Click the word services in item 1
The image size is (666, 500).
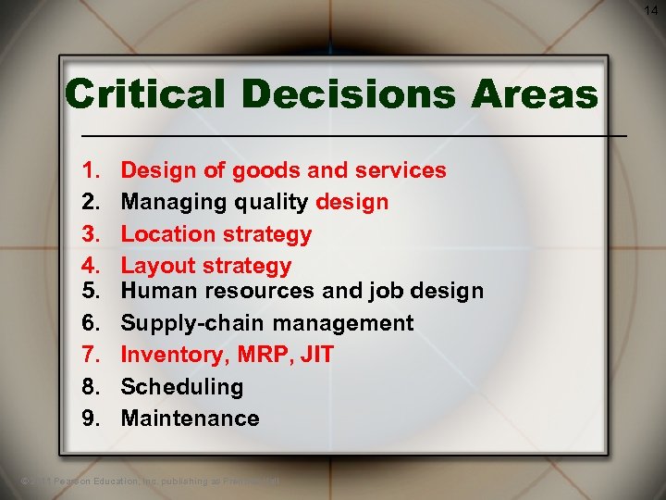[x=398, y=170]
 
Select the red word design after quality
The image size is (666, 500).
[x=352, y=202]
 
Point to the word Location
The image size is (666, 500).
[x=163, y=234]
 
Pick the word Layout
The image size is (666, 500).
[x=154, y=267]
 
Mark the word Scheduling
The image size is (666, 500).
[x=182, y=387]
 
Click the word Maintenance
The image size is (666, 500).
[x=190, y=419]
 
